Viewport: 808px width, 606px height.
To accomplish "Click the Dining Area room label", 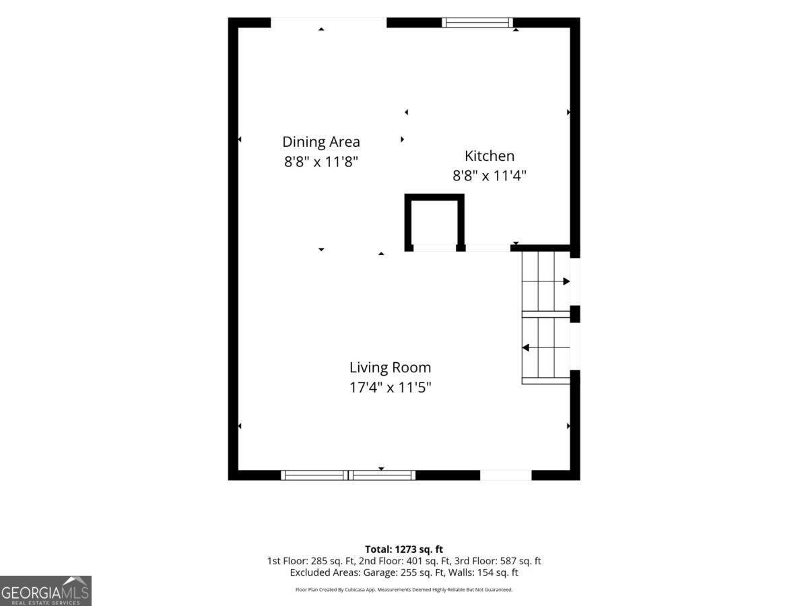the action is tap(321, 142).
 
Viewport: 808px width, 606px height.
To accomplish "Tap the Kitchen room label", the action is tap(490, 156).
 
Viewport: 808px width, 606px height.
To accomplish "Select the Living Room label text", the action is tap(390, 368).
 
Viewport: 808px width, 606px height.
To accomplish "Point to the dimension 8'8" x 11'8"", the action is tap(321, 162).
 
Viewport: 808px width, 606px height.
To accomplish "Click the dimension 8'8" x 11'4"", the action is tap(490, 176).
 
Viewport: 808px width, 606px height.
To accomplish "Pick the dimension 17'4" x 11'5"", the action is tap(390, 387).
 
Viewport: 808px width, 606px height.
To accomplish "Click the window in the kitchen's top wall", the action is tap(477, 22).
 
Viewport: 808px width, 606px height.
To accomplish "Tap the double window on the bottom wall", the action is tap(348, 475).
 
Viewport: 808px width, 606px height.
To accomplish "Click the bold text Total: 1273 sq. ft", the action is tap(404, 549).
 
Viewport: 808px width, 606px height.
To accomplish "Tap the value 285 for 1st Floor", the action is tap(318, 561).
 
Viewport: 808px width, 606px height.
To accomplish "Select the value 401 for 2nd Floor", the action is tap(413, 561).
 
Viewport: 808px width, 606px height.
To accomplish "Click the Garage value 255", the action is tap(408, 572).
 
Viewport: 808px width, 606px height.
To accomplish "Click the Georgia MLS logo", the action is tap(46, 591).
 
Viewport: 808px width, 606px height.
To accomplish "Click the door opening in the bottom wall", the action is tap(506, 475).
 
